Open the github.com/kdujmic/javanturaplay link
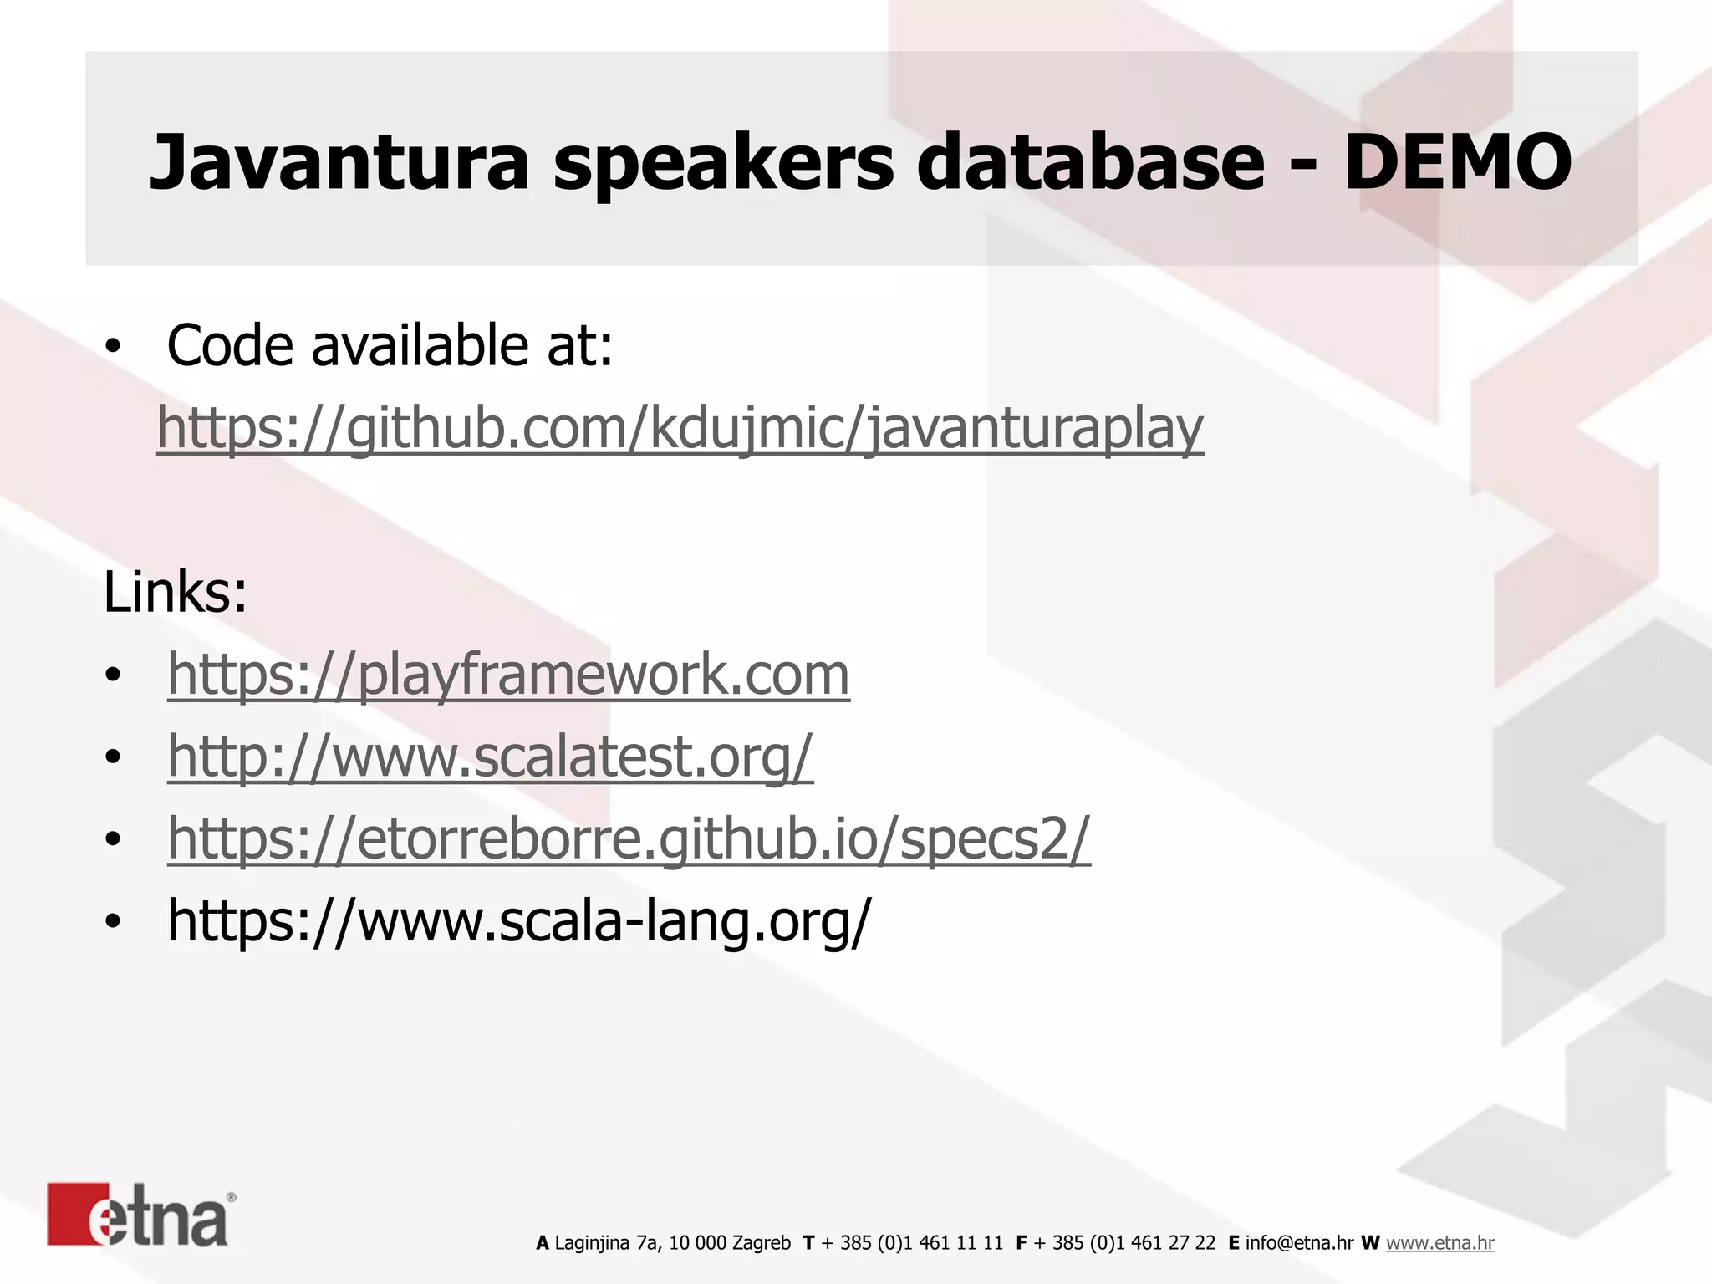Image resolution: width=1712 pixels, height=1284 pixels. click(680, 428)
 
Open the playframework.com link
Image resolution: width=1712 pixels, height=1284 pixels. click(508, 674)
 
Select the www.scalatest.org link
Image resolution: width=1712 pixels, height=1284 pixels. click(490, 756)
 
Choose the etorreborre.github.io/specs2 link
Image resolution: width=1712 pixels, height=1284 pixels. click(629, 838)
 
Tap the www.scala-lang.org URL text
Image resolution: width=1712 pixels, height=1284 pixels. click(518, 920)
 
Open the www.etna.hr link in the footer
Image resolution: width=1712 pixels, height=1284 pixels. click(1439, 1243)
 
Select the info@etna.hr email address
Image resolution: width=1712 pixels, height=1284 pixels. click(1299, 1243)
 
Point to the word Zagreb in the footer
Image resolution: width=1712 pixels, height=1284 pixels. click(761, 1243)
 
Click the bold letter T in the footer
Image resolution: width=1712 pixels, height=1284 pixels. click(808, 1243)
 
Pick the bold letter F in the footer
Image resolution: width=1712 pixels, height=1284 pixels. click(1022, 1243)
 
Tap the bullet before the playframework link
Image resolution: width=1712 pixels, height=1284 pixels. click(114, 675)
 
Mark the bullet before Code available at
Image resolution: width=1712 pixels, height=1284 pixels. click(114, 345)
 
